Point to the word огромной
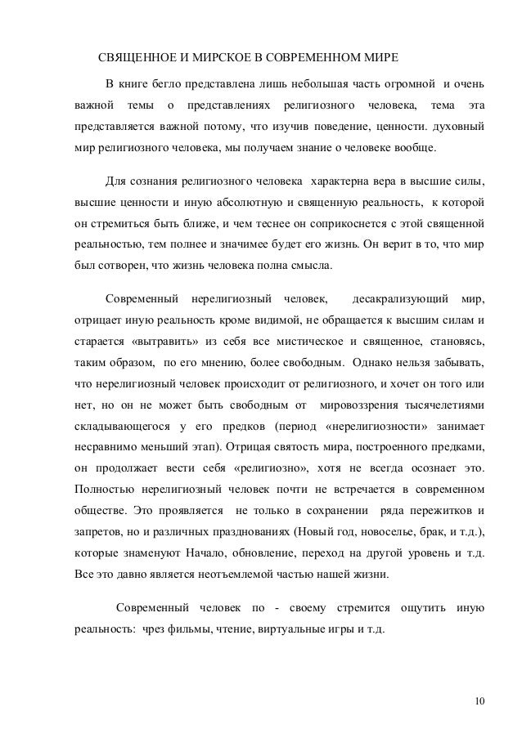pyautogui.click(x=404, y=85)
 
